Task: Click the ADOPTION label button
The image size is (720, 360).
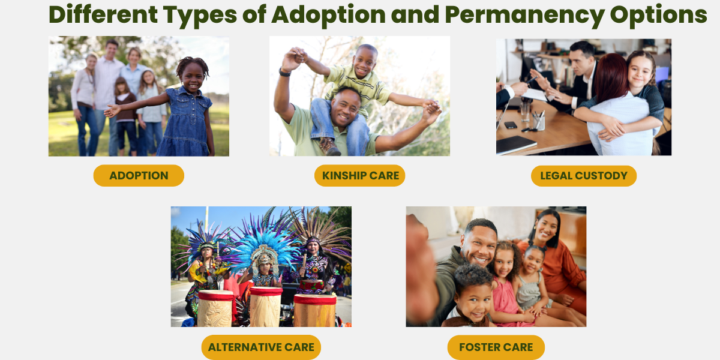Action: coord(139,176)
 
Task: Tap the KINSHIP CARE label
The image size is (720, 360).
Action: coord(360,176)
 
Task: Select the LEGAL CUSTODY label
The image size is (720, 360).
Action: coord(583,176)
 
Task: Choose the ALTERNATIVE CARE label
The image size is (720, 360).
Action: coord(261,347)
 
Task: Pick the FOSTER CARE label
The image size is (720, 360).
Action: coord(496,347)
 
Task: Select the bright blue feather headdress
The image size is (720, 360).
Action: coord(264,240)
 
